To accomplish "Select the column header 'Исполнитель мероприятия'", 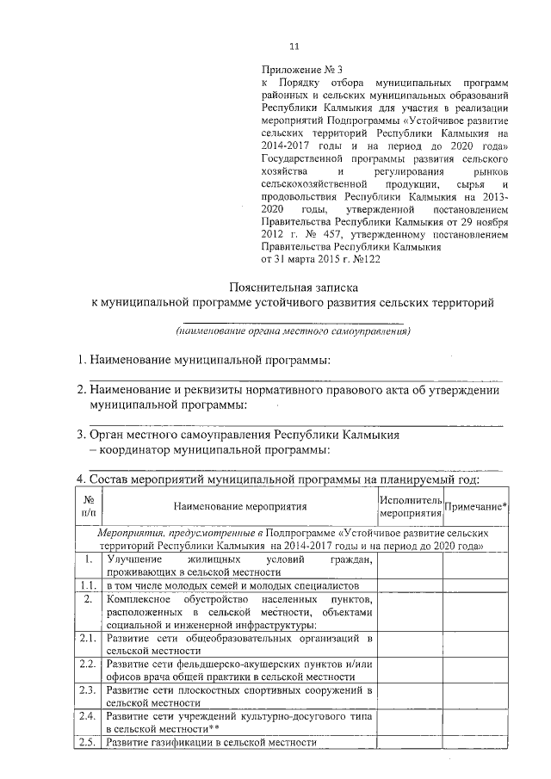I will [x=410, y=508].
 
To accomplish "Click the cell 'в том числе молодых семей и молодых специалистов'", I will [x=226, y=586].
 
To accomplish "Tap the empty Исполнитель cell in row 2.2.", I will [x=410, y=671].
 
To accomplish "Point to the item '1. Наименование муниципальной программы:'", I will [x=202, y=359].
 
